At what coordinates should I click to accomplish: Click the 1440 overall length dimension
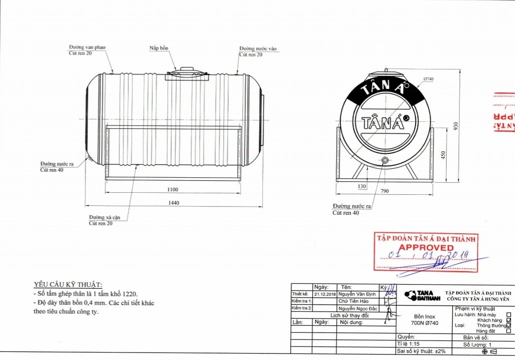(173, 203)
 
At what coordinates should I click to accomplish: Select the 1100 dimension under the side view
(173, 190)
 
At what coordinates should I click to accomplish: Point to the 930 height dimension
(455, 126)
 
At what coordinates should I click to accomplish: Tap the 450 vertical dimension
(443, 155)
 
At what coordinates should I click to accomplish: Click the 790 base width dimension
(385, 190)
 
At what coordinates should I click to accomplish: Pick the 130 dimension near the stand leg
(362, 186)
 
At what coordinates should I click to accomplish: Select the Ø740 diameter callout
(428, 79)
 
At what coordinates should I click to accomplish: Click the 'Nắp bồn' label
(159, 48)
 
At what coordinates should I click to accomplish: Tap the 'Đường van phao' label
(87, 47)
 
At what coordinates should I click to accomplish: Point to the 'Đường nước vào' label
(257, 48)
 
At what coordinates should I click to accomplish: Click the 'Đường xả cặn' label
(104, 218)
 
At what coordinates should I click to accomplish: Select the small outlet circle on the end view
(385, 160)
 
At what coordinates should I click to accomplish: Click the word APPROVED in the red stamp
(426, 248)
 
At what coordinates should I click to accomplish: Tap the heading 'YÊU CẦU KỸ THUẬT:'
(68, 284)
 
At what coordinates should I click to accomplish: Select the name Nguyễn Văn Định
(358, 294)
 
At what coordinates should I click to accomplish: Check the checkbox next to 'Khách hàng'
(509, 320)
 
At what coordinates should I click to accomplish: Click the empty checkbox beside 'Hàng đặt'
(509, 331)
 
